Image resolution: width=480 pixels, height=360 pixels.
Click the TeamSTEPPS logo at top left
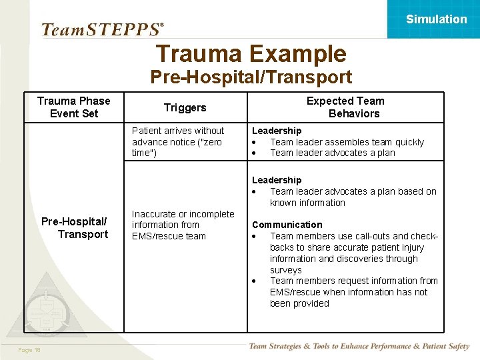[x=102, y=29]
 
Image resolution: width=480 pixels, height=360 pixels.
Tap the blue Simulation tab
[x=436, y=19]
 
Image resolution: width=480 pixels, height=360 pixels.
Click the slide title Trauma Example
[x=251, y=54]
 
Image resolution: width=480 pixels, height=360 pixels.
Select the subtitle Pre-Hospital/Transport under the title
[x=251, y=77]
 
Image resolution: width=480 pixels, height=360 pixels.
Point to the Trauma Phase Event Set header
[x=74, y=107]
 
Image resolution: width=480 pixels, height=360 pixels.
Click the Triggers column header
[x=185, y=107]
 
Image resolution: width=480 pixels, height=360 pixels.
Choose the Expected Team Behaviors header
[x=345, y=107]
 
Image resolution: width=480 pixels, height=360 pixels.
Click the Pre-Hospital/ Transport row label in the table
[x=74, y=228]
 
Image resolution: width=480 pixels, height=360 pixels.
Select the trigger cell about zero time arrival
[x=178, y=142]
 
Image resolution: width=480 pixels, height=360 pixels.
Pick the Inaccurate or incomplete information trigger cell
[x=183, y=225]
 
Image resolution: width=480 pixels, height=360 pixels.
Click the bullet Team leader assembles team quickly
[x=347, y=142]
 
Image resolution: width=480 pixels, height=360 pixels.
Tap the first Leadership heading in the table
[x=277, y=131]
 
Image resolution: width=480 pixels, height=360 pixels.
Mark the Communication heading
[x=287, y=225]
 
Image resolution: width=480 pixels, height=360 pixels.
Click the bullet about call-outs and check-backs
[x=353, y=247]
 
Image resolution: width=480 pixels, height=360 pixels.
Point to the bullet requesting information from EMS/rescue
[x=353, y=292]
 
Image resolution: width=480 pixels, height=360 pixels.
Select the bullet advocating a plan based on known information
[x=353, y=197]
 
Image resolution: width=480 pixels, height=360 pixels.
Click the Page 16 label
[x=29, y=349]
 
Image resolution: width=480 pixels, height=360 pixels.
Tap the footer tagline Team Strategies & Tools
[x=359, y=346]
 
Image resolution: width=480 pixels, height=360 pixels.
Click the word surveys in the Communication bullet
[x=285, y=270]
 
